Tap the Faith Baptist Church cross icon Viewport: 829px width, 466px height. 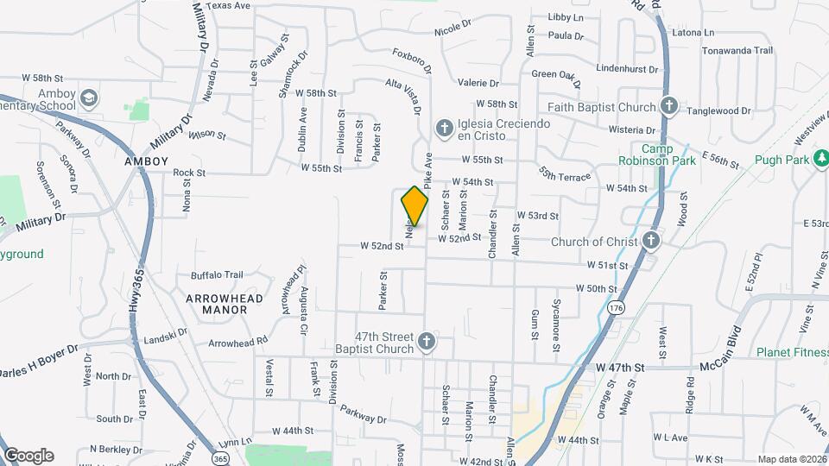pos(668,106)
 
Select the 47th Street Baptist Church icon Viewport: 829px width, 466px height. pos(426,343)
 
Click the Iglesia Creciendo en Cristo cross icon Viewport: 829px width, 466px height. pos(444,129)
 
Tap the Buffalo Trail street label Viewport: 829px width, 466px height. pos(217,275)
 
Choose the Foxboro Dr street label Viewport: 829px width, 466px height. pos(411,62)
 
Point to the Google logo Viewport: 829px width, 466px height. pos(29,456)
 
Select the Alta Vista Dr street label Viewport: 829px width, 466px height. pos(403,96)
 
